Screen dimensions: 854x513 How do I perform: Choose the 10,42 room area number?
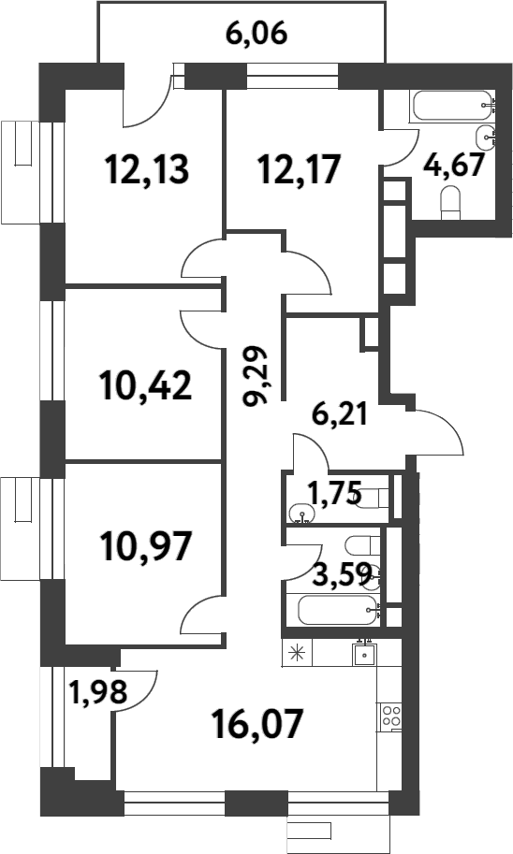click(x=144, y=384)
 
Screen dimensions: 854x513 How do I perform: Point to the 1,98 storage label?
click(x=90, y=692)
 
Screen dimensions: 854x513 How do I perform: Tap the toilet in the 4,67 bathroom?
click(x=451, y=198)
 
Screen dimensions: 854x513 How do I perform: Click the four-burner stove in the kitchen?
click(x=389, y=717)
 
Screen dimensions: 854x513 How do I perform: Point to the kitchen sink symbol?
click(x=364, y=653)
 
